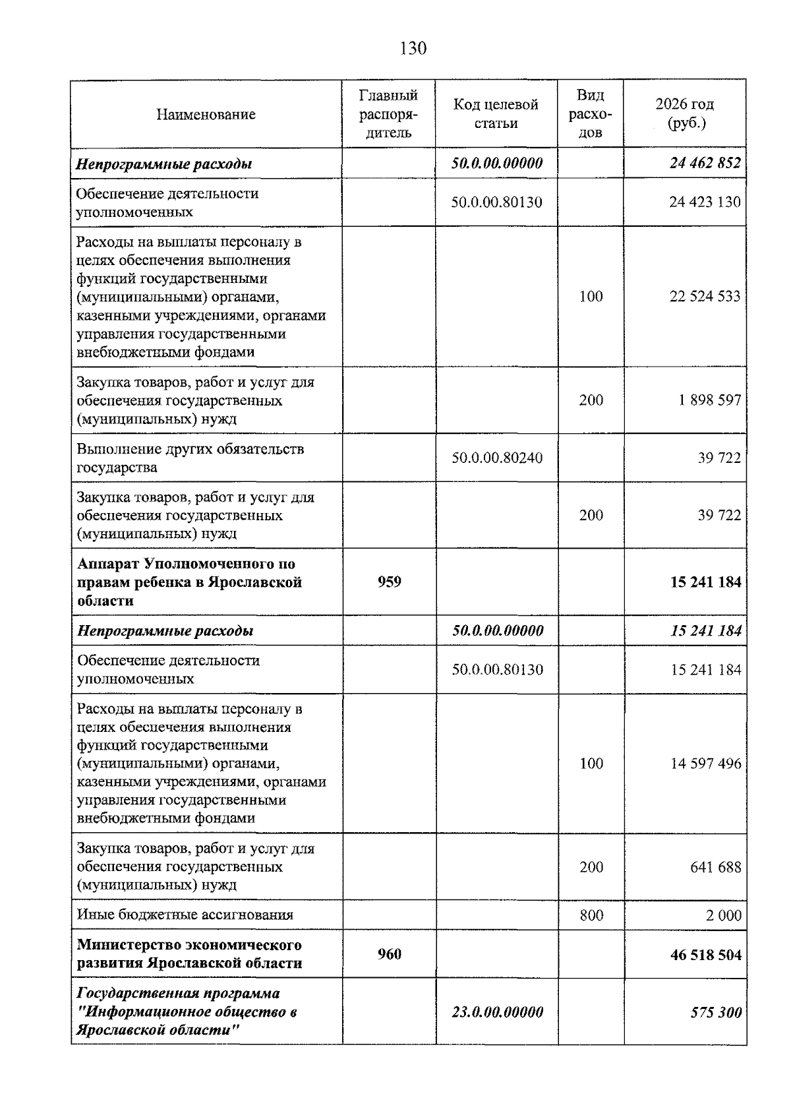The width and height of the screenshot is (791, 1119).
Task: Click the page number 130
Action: tap(413, 48)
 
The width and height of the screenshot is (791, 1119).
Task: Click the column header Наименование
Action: tap(206, 115)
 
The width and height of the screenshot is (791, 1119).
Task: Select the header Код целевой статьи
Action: tap(496, 114)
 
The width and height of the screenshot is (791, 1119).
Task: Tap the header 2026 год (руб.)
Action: tap(684, 114)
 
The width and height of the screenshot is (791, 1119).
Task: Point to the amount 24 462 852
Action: tap(705, 164)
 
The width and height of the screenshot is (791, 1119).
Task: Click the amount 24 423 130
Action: tap(705, 202)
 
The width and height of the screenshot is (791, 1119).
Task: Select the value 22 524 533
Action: tap(705, 297)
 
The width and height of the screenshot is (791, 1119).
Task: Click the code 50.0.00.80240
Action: tap(496, 458)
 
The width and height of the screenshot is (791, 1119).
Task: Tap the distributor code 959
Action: tap(389, 582)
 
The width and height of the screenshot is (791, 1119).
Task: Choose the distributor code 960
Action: tap(389, 954)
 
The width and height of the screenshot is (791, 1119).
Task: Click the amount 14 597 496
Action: tap(705, 764)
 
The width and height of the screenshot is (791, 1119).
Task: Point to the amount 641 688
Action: tap(715, 867)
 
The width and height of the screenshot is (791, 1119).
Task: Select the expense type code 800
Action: tap(591, 915)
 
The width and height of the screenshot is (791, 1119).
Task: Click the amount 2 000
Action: tap(724, 915)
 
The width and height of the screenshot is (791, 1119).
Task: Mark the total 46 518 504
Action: tap(705, 955)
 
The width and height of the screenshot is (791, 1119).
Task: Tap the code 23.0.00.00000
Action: tap(497, 1012)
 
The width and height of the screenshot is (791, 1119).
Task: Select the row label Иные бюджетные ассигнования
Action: tap(185, 915)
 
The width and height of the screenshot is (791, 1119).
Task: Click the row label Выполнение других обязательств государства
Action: tap(190, 458)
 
